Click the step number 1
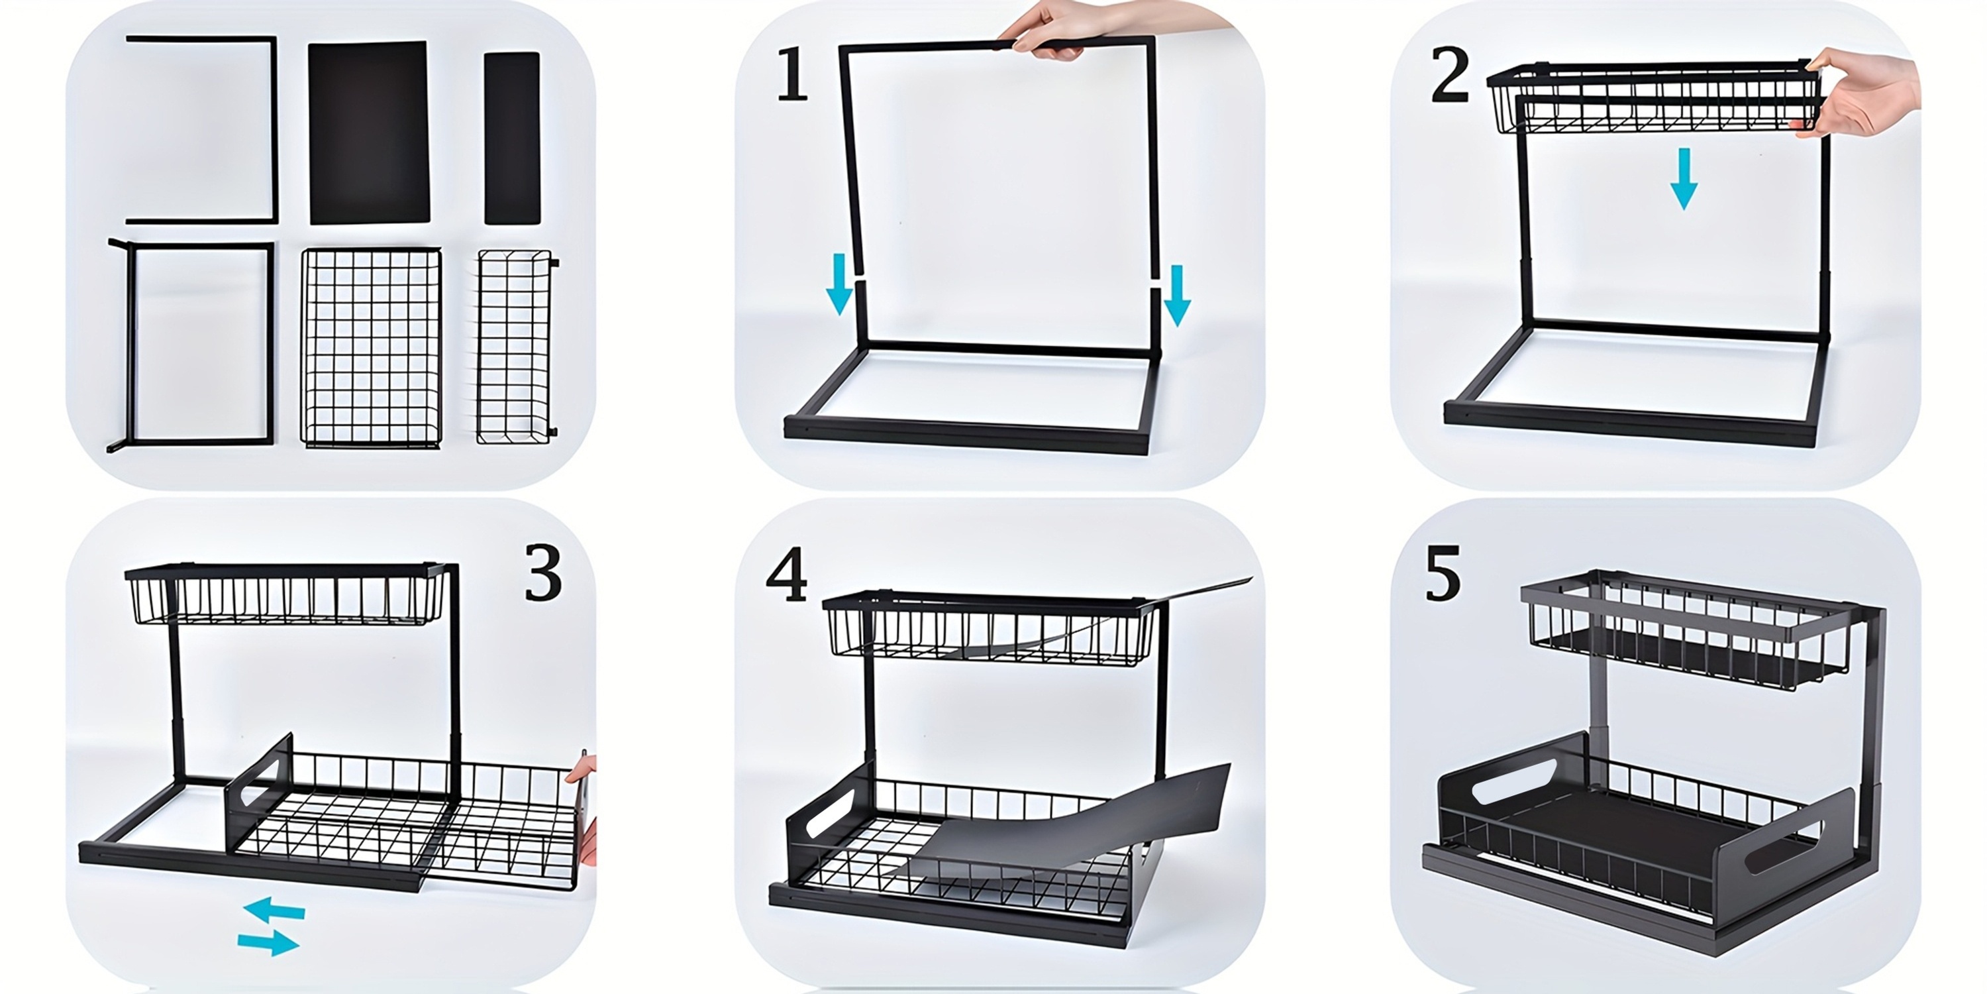792,74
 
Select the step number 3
543,573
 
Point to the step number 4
787,575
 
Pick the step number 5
1443,573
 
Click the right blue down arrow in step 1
1177,296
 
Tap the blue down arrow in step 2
1683,179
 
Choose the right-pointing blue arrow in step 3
268,942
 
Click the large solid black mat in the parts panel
368,133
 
